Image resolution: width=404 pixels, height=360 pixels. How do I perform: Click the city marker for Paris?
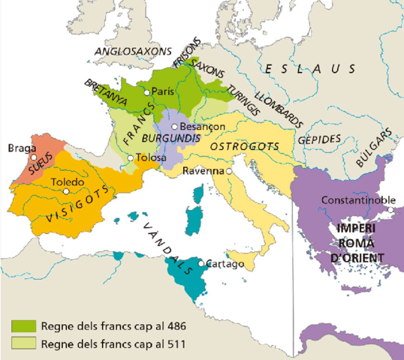click(x=147, y=91)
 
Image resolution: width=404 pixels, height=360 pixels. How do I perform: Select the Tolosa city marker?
click(x=131, y=157)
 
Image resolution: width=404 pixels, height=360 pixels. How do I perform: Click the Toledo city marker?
click(x=67, y=191)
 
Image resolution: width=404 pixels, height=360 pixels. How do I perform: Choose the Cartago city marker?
click(x=202, y=263)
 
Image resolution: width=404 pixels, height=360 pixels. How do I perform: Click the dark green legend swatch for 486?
click(x=24, y=326)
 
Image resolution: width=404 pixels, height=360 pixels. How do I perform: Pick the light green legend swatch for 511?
click(x=24, y=344)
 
